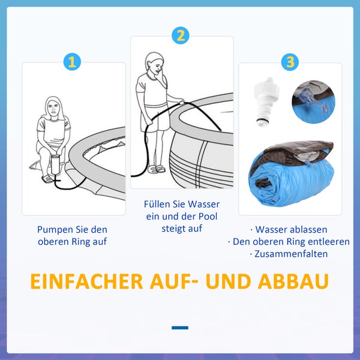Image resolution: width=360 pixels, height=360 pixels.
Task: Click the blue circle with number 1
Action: (x=72, y=61)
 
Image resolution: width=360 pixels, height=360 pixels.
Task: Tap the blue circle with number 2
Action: (x=180, y=35)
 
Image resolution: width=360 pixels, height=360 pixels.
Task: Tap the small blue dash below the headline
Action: (x=180, y=328)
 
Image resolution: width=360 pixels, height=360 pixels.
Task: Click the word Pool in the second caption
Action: (x=209, y=217)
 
